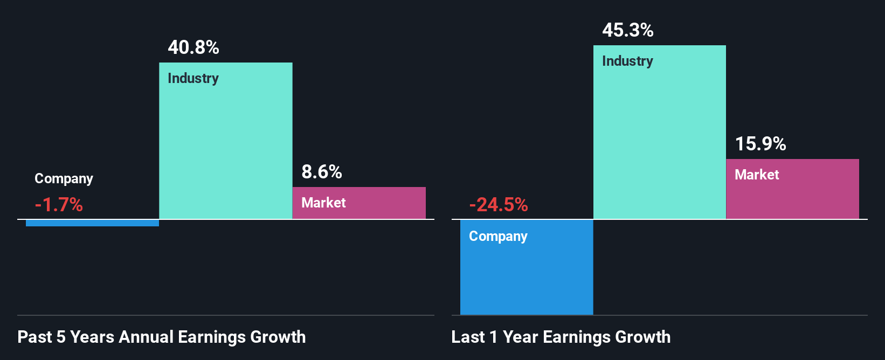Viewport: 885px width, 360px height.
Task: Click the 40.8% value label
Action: pyautogui.click(x=193, y=47)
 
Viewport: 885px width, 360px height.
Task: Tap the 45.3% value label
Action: pyautogui.click(x=628, y=30)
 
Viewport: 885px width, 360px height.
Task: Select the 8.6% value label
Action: pyautogui.click(x=322, y=172)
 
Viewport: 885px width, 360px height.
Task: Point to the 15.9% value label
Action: pyautogui.click(x=760, y=144)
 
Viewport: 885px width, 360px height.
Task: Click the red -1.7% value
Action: pyautogui.click(x=59, y=205)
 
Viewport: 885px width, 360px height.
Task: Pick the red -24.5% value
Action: pyautogui.click(x=499, y=205)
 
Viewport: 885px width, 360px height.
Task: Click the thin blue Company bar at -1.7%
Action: pyautogui.click(x=92, y=223)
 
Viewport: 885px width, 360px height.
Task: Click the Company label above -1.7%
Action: pyautogui.click(x=64, y=178)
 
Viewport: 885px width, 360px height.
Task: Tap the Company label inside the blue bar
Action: pyautogui.click(x=498, y=236)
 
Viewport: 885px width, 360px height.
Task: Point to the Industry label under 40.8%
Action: pyautogui.click(x=193, y=78)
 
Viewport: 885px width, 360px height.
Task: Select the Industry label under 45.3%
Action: pyautogui.click(x=627, y=61)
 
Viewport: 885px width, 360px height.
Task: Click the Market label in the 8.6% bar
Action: pyautogui.click(x=323, y=203)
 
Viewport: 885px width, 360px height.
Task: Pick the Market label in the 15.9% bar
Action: pyautogui.click(x=757, y=175)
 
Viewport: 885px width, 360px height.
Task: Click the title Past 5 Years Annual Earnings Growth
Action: pyautogui.click(x=162, y=337)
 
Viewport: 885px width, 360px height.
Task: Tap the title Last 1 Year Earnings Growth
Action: pyautogui.click(x=561, y=337)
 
